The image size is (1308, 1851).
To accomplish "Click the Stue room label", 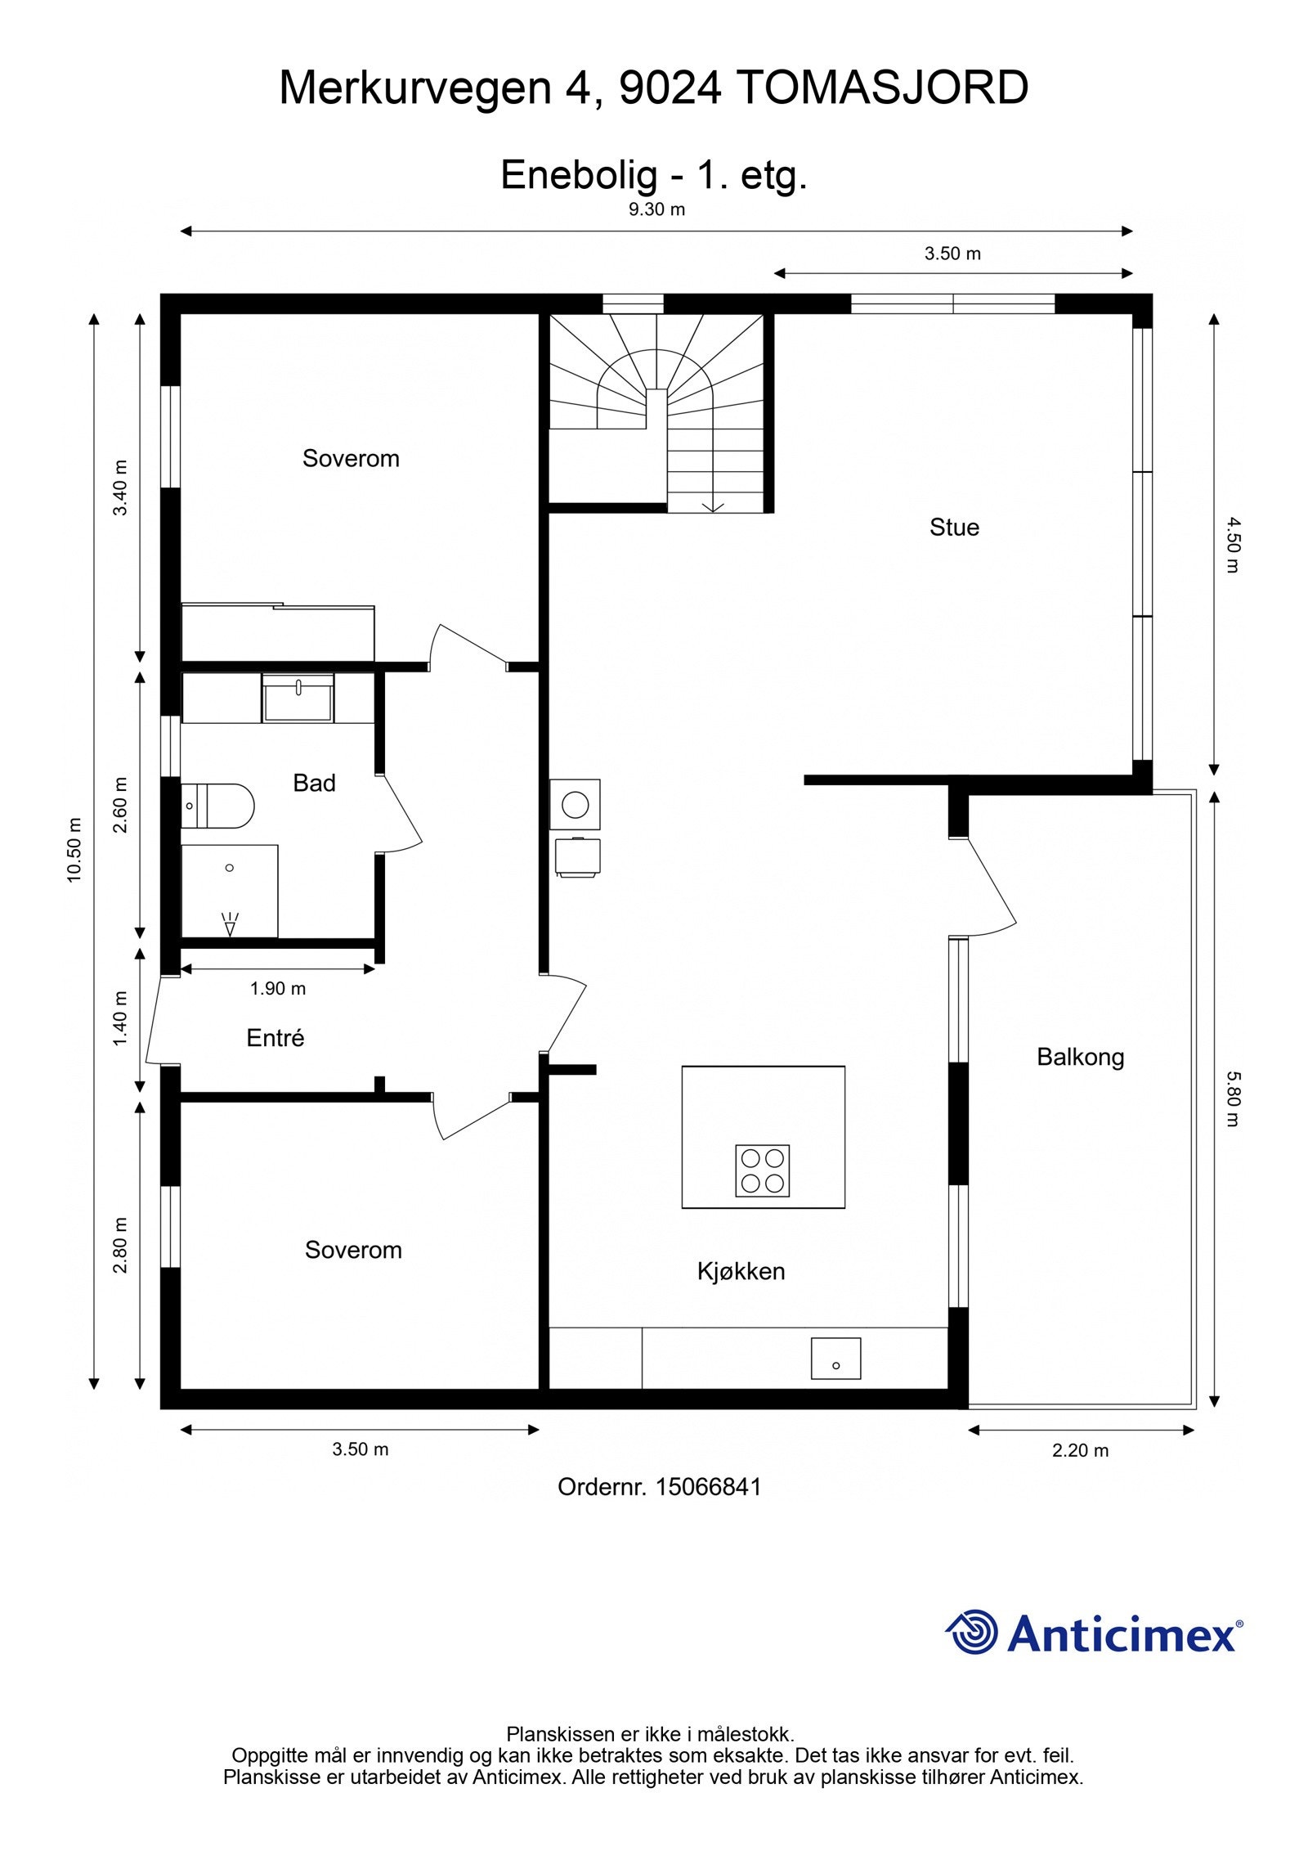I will [953, 527].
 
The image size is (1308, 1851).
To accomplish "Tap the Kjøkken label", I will [741, 1271].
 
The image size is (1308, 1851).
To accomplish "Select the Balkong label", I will [1080, 1057].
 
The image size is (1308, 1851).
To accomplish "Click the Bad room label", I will [314, 783].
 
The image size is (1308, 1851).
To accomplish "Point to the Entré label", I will [275, 1038].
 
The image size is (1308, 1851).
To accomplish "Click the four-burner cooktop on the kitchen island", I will [762, 1170].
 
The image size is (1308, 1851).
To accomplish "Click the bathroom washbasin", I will [298, 699].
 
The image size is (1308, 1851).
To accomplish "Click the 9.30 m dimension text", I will [656, 209].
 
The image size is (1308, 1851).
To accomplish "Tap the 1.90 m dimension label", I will [278, 988].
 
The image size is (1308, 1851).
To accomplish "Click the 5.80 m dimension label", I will [1233, 1098].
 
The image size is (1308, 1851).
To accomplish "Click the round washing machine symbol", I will [576, 805].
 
